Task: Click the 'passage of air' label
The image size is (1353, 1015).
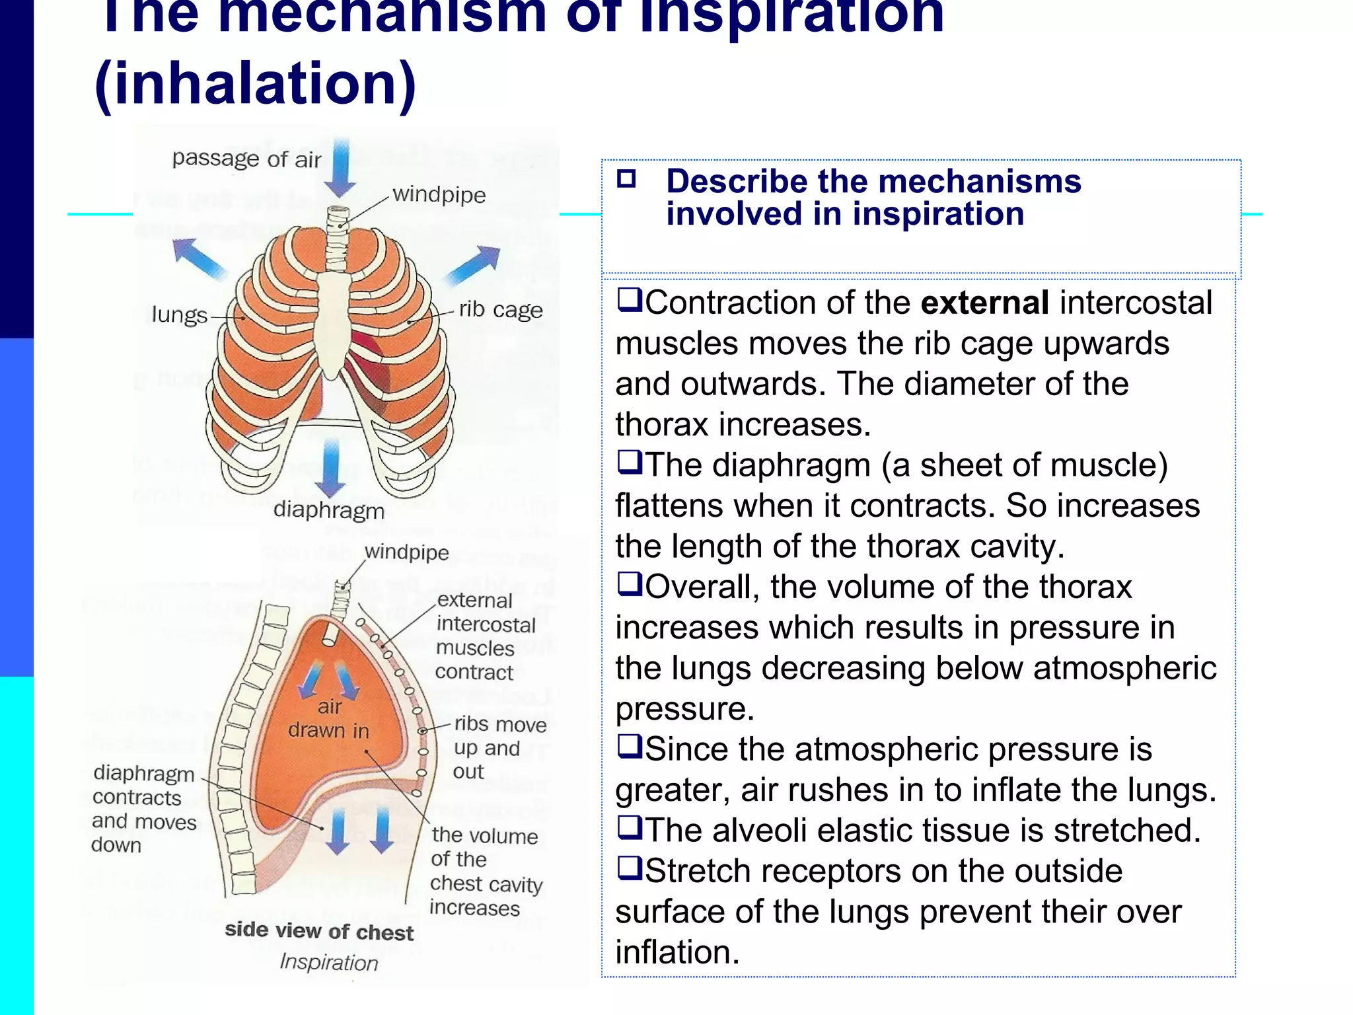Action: pyautogui.click(x=246, y=159)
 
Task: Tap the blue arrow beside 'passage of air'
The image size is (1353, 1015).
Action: pyautogui.click(x=341, y=168)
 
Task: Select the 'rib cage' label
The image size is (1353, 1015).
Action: pyautogui.click(x=501, y=310)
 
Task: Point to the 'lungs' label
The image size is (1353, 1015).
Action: pyautogui.click(x=179, y=315)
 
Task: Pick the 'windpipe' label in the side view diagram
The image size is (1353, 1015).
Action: pyautogui.click(x=406, y=552)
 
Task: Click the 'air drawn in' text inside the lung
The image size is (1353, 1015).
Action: pyautogui.click(x=328, y=719)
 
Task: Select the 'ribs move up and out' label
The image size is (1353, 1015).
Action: pyautogui.click(x=499, y=748)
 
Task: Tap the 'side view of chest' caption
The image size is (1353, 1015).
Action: pyautogui.click(x=319, y=932)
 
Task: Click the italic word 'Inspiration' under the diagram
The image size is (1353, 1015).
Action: pyautogui.click(x=329, y=962)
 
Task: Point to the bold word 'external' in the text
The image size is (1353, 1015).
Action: pyautogui.click(x=985, y=303)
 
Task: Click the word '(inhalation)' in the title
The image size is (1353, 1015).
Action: pyautogui.click(x=256, y=84)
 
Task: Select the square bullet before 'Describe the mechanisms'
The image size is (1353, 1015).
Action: pyautogui.click(x=626, y=179)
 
